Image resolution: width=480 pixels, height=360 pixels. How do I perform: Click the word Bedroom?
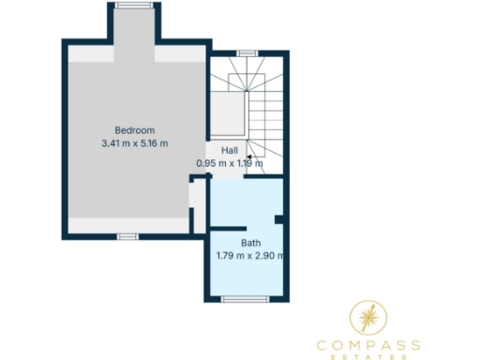coord(134,129)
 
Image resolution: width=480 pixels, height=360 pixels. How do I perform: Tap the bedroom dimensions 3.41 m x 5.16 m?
coord(134,143)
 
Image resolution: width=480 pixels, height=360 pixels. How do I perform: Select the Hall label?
coord(230,150)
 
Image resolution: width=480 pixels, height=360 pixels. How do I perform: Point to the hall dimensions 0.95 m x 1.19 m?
coord(230,163)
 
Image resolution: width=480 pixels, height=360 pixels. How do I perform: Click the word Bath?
coord(250,242)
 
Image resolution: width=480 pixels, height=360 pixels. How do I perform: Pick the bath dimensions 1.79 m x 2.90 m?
coord(250,255)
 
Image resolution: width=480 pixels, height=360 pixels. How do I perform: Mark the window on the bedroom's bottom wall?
coord(128,236)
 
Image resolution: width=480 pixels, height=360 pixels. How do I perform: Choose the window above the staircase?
coord(247,53)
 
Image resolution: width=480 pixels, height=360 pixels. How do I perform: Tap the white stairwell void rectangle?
coord(227,114)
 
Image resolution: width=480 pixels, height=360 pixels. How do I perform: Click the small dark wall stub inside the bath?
coord(279,219)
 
